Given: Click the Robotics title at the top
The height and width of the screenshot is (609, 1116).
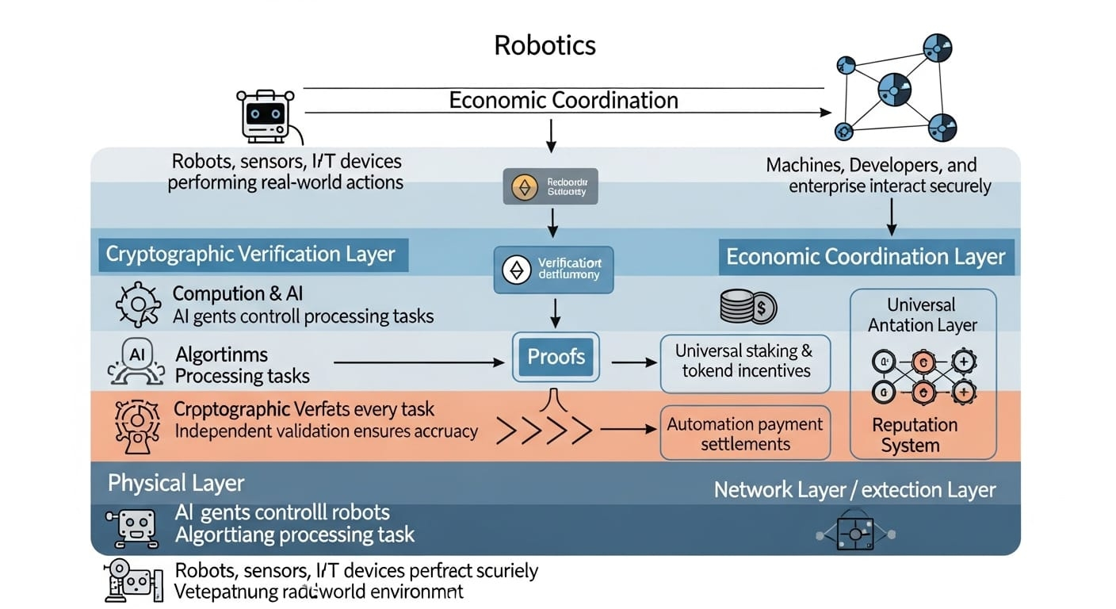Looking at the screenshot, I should tap(545, 44).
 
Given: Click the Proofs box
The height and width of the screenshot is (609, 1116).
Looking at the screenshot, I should tap(556, 357).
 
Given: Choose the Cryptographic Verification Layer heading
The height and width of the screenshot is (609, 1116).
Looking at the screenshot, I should tap(250, 255).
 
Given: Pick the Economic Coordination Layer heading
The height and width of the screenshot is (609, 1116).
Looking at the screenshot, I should tap(866, 257).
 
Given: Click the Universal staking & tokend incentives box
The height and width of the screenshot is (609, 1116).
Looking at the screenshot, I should tap(745, 361).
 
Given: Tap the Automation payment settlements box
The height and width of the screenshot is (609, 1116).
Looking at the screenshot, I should tap(745, 433).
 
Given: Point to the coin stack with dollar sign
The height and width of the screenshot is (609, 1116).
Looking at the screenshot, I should tap(748, 307).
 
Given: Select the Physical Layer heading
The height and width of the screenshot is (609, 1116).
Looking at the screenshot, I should tap(176, 483).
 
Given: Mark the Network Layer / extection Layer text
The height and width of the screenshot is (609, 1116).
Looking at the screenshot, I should tap(854, 490).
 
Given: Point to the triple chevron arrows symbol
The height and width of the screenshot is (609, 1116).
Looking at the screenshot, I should tap(544, 431).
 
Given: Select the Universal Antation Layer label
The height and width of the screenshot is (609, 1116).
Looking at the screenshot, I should tap(922, 315).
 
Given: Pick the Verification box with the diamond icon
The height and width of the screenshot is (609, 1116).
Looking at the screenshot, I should tap(553, 270).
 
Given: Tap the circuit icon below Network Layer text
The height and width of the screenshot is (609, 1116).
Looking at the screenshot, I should tap(855, 534).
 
